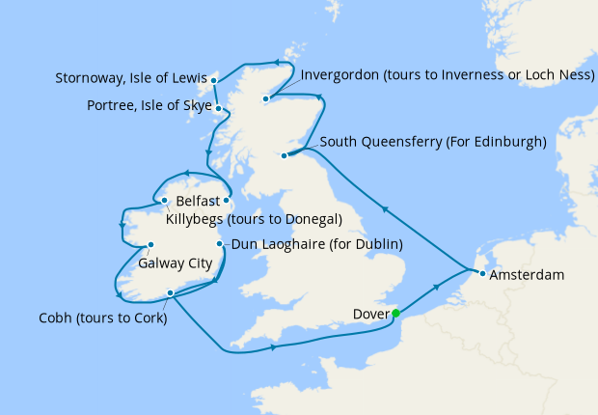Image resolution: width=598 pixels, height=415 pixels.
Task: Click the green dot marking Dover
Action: tap(395, 313)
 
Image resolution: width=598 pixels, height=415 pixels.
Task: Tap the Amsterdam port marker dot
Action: tap(481, 275)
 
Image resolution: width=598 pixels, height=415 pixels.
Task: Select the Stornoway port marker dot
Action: tap(214, 80)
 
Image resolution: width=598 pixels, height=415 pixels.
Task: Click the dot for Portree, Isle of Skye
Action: tap(219, 109)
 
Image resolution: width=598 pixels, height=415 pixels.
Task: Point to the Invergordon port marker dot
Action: tap(265, 97)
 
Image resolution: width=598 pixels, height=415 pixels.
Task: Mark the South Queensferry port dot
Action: tap(283, 155)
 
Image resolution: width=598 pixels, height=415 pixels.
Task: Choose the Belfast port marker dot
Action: tap(226, 201)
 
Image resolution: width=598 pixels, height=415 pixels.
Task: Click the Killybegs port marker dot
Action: tap(165, 201)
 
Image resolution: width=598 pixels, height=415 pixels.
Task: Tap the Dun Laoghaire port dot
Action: tap(221, 244)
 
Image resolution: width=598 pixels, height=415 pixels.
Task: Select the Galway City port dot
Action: tap(150, 245)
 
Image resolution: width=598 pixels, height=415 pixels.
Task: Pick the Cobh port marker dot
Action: tap(170, 293)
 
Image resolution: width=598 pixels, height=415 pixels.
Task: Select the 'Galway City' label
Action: tap(175, 262)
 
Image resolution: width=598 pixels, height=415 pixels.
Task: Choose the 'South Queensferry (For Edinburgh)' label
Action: tap(433, 142)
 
